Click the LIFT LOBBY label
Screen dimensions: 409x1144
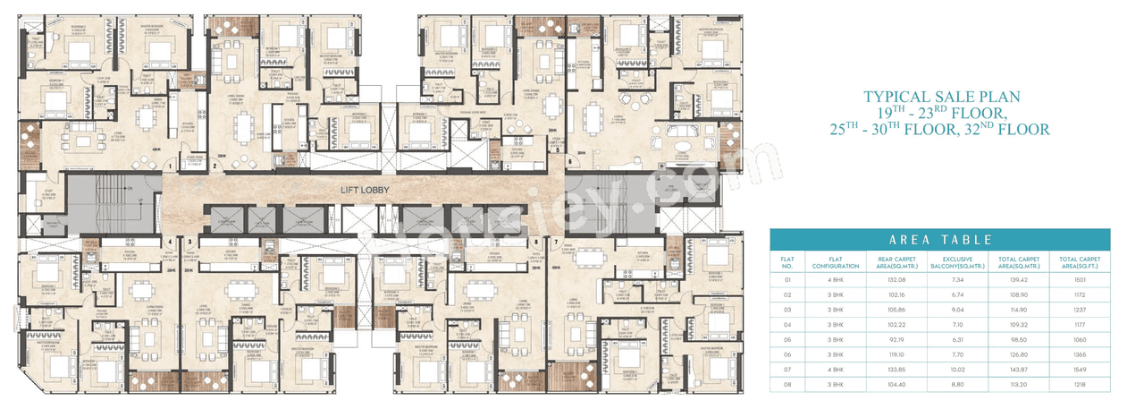pos(365,191)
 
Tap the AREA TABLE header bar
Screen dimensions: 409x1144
pos(939,240)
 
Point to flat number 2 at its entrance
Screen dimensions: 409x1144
pos(214,166)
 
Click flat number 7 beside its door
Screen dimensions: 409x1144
pos(555,242)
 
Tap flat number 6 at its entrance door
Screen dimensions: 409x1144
pos(568,161)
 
